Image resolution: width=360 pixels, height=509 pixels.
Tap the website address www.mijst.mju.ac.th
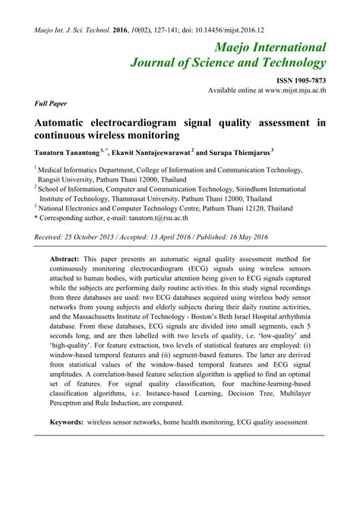pos(295,90)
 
